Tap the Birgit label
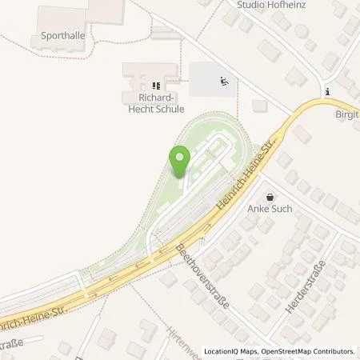346,114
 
